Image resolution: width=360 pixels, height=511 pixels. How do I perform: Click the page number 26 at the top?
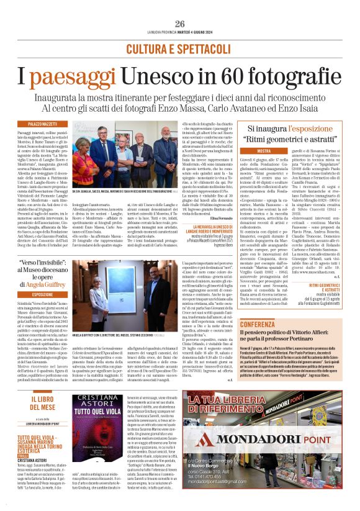pos(180,24)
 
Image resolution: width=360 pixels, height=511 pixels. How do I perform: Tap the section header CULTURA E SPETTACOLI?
pos(180,48)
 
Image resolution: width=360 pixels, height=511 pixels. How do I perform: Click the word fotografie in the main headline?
pos(267,78)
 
